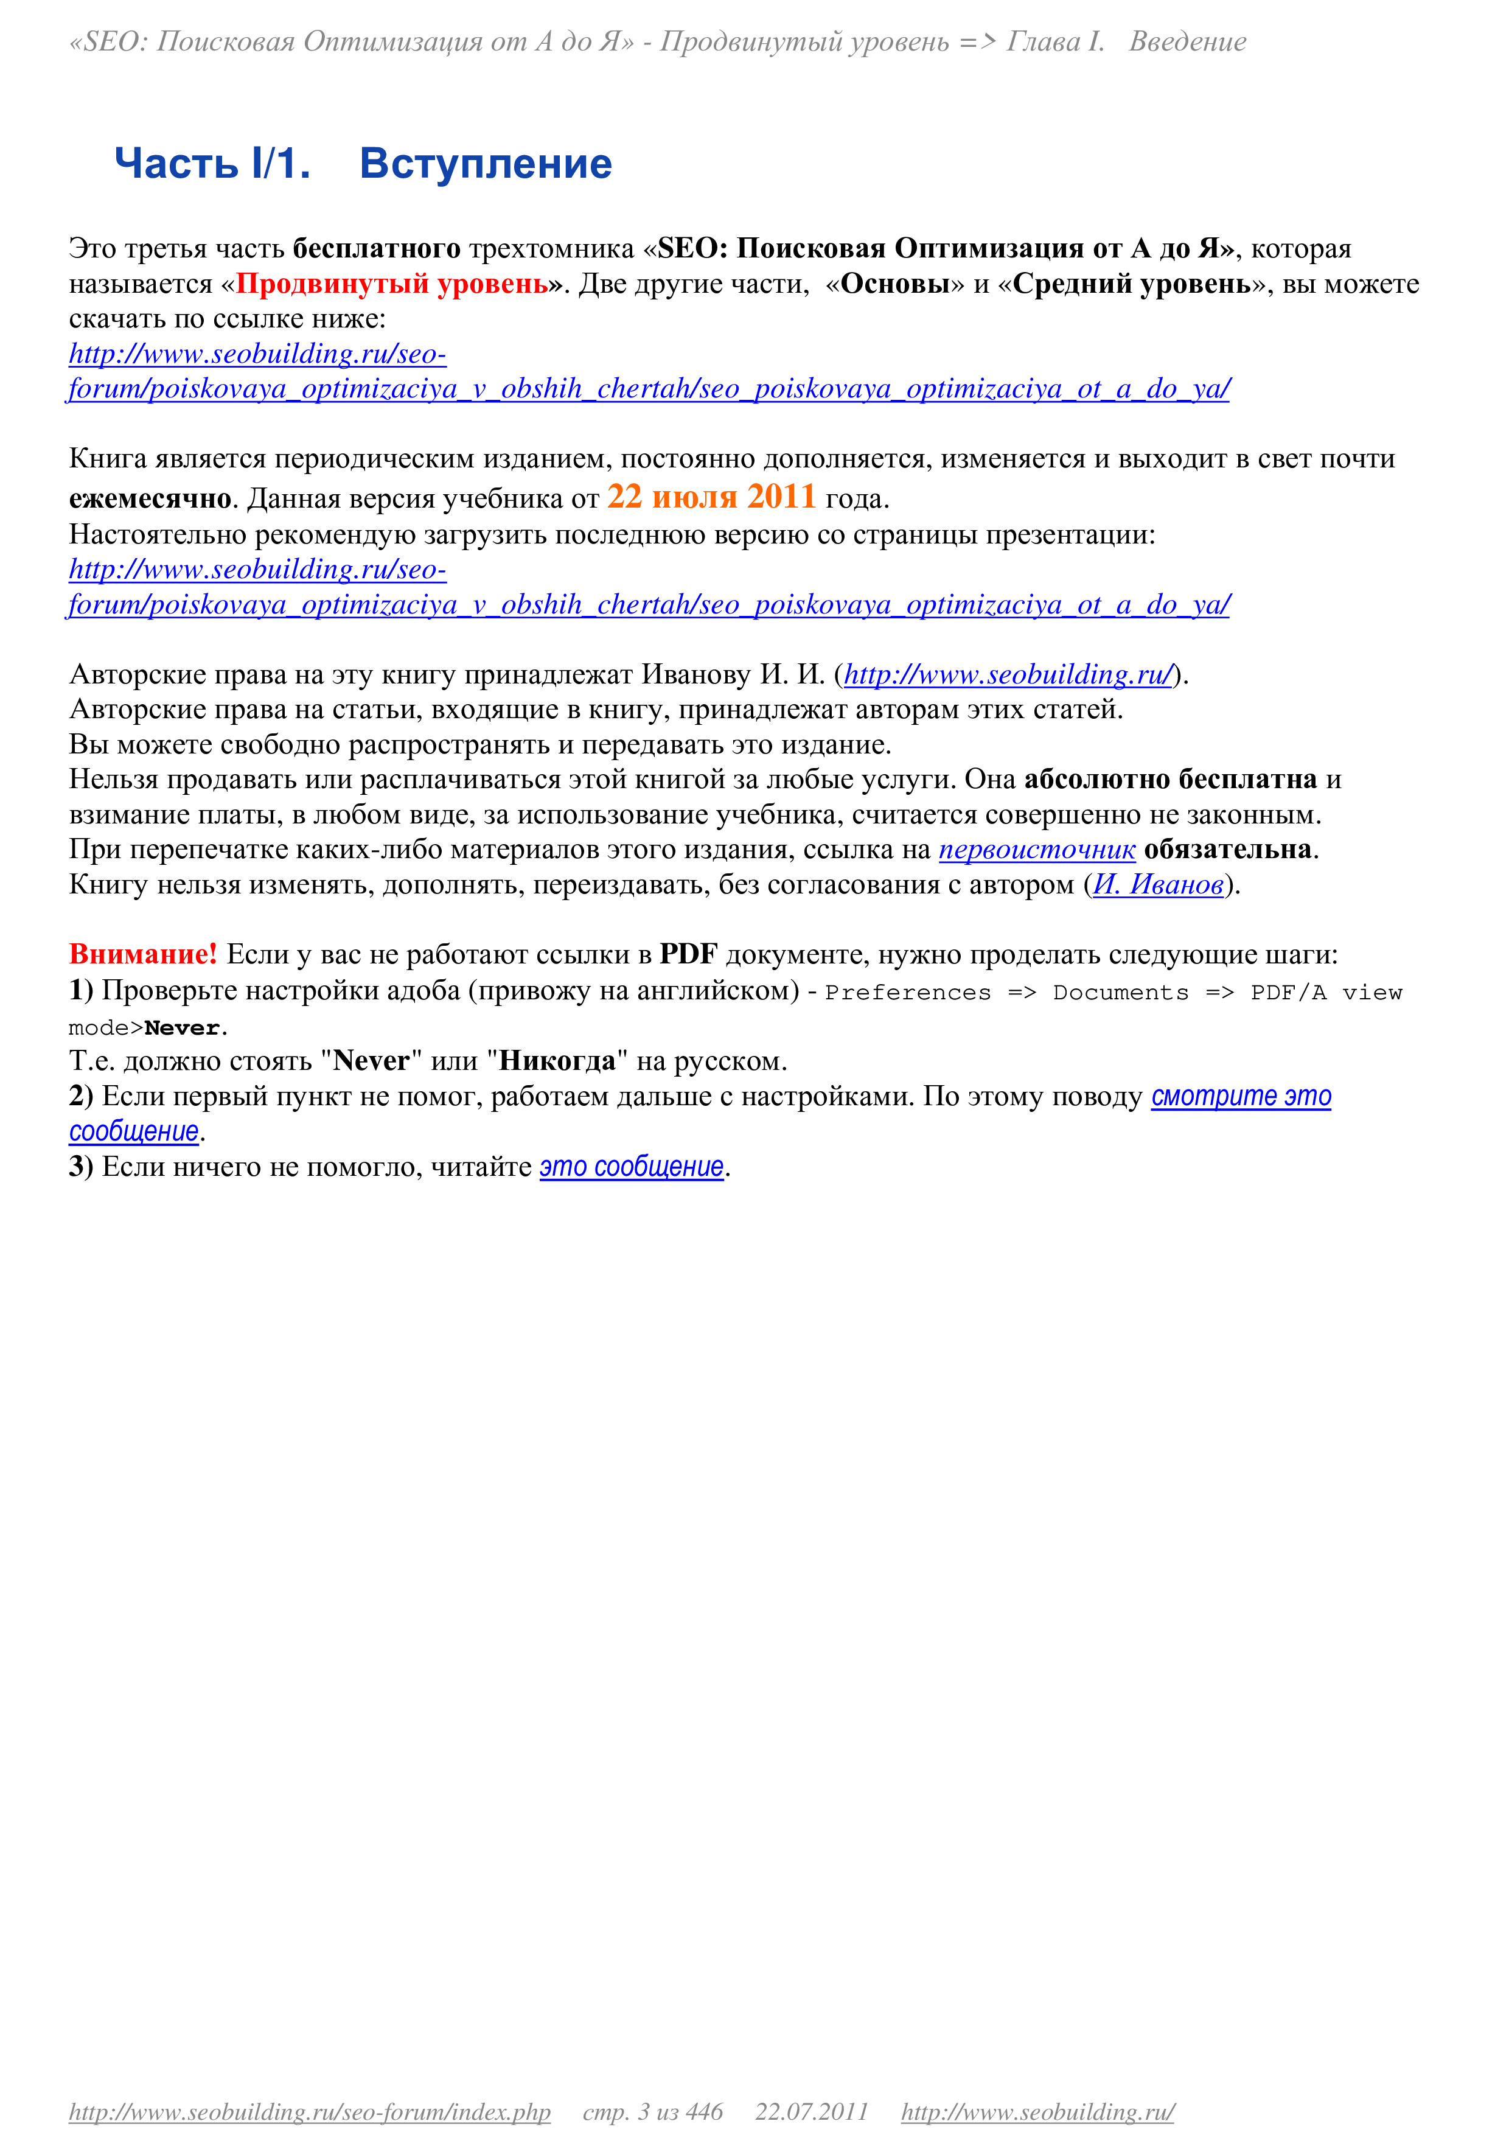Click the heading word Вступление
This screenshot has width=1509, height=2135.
[x=486, y=164]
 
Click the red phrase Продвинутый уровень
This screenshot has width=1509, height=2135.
[x=392, y=284]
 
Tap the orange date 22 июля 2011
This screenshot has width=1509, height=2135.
[x=712, y=497]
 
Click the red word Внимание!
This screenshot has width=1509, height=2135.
[x=143, y=954]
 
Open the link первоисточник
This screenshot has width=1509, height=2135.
[x=1037, y=850]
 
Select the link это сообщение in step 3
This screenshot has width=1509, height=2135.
[x=632, y=1167]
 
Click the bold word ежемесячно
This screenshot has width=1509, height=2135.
[x=150, y=499]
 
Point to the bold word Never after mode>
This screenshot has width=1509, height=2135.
[x=182, y=1029]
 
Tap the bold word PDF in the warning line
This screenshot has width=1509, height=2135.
[x=689, y=954]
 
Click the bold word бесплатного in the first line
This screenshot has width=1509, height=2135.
[x=377, y=248]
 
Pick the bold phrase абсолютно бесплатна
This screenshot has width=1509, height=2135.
[x=1171, y=779]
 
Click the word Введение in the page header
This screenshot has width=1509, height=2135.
[x=1187, y=42]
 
